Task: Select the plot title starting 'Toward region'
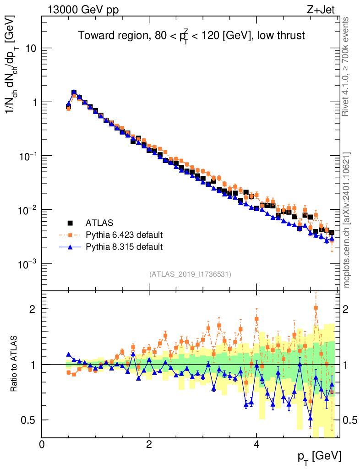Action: [x=191, y=36]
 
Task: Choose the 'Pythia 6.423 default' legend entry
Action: [x=124, y=235]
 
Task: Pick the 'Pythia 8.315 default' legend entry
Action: [x=124, y=247]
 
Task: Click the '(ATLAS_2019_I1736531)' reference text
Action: [x=190, y=274]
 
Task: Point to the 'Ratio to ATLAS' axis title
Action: [x=15, y=364]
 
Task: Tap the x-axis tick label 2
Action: [x=149, y=444]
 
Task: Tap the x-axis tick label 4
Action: [x=256, y=444]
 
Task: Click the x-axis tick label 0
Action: [x=42, y=444]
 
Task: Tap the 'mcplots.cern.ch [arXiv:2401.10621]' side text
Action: [x=347, y=220]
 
